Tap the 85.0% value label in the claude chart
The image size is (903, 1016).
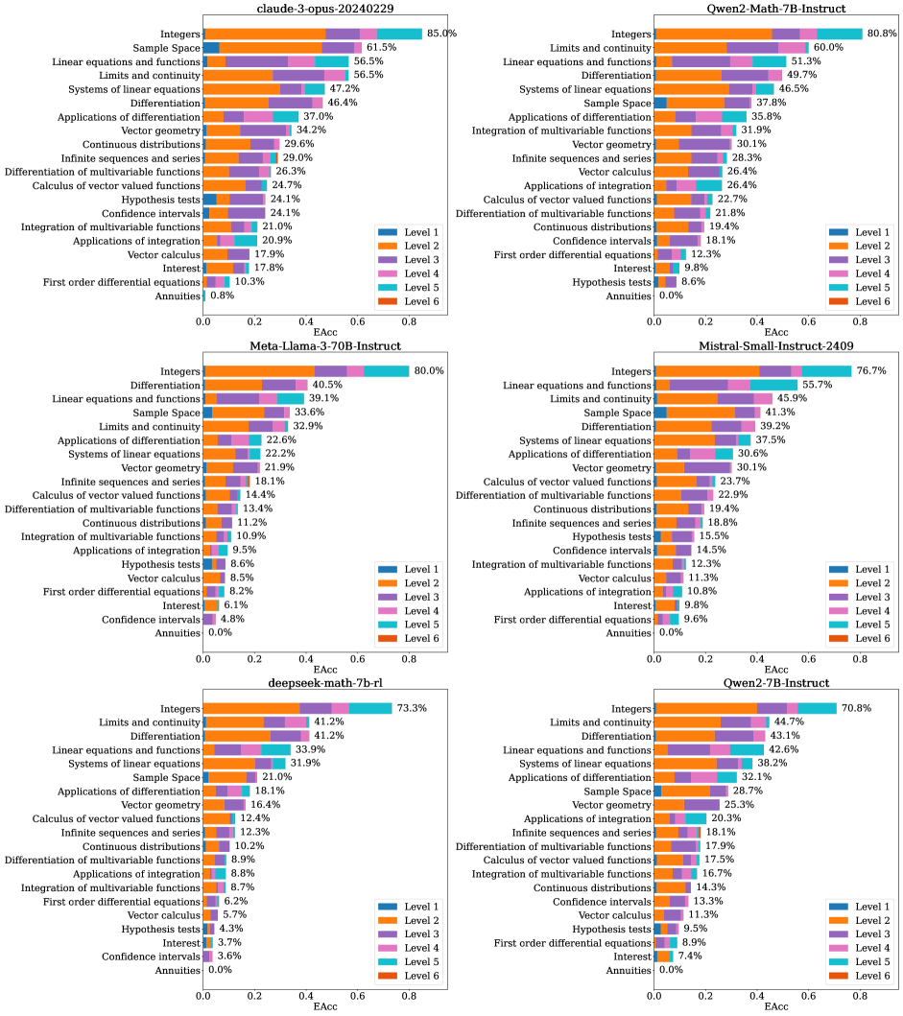coord(441,34)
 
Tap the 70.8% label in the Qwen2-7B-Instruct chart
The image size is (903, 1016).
coord(857,708)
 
